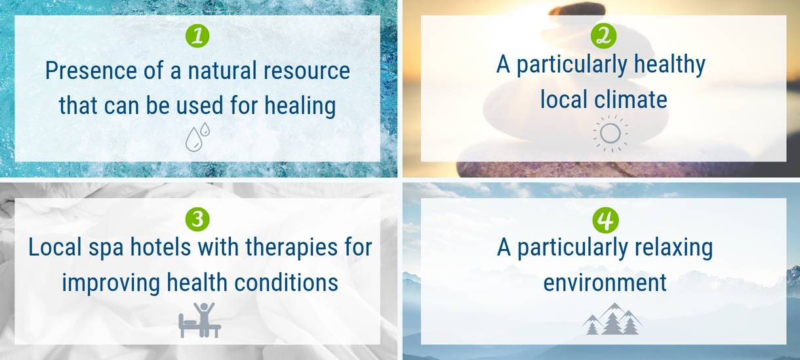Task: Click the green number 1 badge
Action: pyautogui.click(x=197, y=36)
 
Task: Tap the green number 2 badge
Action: pyautogui.click(x=603, y=36)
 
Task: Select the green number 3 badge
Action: pyautogui.click(x=197, y=219)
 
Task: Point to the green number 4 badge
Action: pyautogui.click(x=605, y=220)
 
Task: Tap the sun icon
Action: pyautogui.click(x=610, y=134)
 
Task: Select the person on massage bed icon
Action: pyautogui.click(x=200, y=320)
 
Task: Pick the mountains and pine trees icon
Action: pyautogui.click(x=612, y=319)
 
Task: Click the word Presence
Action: pyautogui.click(x=91, y=70)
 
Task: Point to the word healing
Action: pyautogui.click(x=300, y=106)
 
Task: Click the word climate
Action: pyautogui.click(x=630, y=99)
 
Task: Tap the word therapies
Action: pyautogui.click(x=291, y=248)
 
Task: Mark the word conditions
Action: pyautogui.click(x=286, y=282)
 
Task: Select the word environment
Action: pyautogui.click(x=605, y=283)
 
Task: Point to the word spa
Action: pyautogui.click(x=106, y=249)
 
